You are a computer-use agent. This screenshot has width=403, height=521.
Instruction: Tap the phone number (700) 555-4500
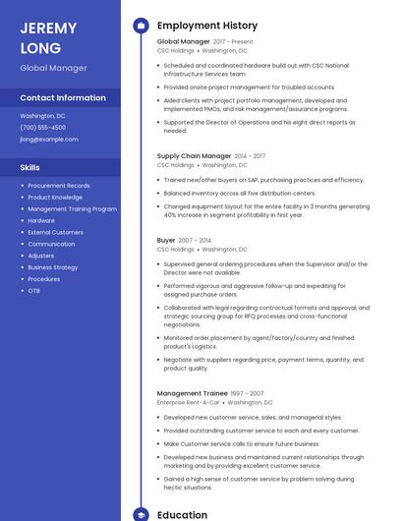[x=43, y=128]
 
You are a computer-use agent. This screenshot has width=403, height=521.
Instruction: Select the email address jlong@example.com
[x=49, y=140]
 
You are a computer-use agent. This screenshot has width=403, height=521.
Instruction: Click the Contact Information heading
[x=63, y=98]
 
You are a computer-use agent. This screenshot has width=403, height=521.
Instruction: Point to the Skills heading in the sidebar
[x=30, y=167]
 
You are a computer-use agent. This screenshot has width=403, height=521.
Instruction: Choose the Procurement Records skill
[x=59, y=186]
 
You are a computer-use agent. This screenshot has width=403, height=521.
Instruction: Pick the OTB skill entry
[x=34, y=291]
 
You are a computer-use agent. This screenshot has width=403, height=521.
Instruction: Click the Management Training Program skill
[x=73, y=209]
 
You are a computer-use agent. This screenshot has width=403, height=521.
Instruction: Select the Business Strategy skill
[x=53, y=267]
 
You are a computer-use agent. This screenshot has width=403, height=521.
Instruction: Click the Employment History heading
[x=207, y=26]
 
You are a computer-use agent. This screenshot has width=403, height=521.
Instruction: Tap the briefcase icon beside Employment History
[x=141, y=26]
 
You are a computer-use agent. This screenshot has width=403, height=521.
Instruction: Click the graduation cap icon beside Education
[x=141, y=514]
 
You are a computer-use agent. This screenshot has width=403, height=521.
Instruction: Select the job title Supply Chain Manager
[x=194, y=155]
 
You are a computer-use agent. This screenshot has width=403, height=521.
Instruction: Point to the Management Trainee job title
[x=192, y=393]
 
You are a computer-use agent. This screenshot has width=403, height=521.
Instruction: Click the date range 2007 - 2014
[x=195, y=240]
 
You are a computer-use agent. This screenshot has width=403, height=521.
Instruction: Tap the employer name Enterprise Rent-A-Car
[x=189, y=402]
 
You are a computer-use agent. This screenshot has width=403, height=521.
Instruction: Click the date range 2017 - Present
[x=233, y=42]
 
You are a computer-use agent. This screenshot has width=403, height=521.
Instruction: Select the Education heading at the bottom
[x=182, y=514]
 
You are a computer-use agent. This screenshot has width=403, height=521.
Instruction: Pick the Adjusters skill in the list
[x=41, y=256]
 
